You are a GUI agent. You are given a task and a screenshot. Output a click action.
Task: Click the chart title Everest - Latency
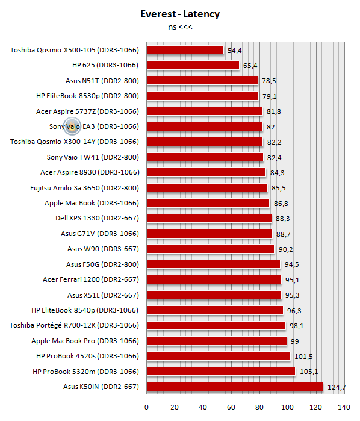[180, 14]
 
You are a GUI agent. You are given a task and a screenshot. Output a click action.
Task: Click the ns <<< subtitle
[180, 27]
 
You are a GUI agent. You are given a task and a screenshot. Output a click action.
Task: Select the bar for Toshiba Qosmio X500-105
[185, 50]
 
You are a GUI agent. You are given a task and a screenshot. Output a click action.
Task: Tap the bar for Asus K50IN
[235, 387]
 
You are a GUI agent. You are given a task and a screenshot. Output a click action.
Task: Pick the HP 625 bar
[193, 65]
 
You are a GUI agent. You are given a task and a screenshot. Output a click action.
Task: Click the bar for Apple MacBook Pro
[217, 341]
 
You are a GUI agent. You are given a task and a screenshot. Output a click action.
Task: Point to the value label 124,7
[337, 387]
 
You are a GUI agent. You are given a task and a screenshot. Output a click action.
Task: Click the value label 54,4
[235, 51]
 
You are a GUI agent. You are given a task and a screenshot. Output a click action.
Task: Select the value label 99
[295, 341]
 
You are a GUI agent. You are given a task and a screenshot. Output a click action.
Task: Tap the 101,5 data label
[303, 357]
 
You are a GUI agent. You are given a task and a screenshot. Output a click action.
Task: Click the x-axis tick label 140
[344, 407]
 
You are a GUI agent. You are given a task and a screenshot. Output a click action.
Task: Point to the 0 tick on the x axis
[146, 407]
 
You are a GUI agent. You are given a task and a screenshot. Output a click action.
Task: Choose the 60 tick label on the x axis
[231, 407]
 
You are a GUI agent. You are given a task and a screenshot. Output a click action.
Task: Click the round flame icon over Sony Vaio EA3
[72, 126]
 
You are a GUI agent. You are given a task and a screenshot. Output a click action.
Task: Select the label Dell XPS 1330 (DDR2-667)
[97, 218]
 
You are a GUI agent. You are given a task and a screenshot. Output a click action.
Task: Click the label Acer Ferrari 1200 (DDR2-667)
[91, 279]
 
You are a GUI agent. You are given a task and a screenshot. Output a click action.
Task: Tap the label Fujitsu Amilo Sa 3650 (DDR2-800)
[84, 188]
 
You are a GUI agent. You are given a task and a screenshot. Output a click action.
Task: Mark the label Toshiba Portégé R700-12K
[52, 325]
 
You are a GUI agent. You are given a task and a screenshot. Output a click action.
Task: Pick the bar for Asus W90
[211, 249]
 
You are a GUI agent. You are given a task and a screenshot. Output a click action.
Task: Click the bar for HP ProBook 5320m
[221, 372]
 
